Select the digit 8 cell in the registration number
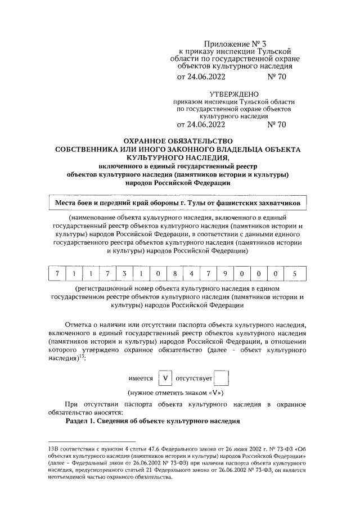(175, 274)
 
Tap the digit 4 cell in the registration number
(192, 274)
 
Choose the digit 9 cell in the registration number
(226, 274)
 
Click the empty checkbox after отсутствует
(223, 379)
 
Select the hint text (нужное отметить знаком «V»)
(177, 393)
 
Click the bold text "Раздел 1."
(84, 421)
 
